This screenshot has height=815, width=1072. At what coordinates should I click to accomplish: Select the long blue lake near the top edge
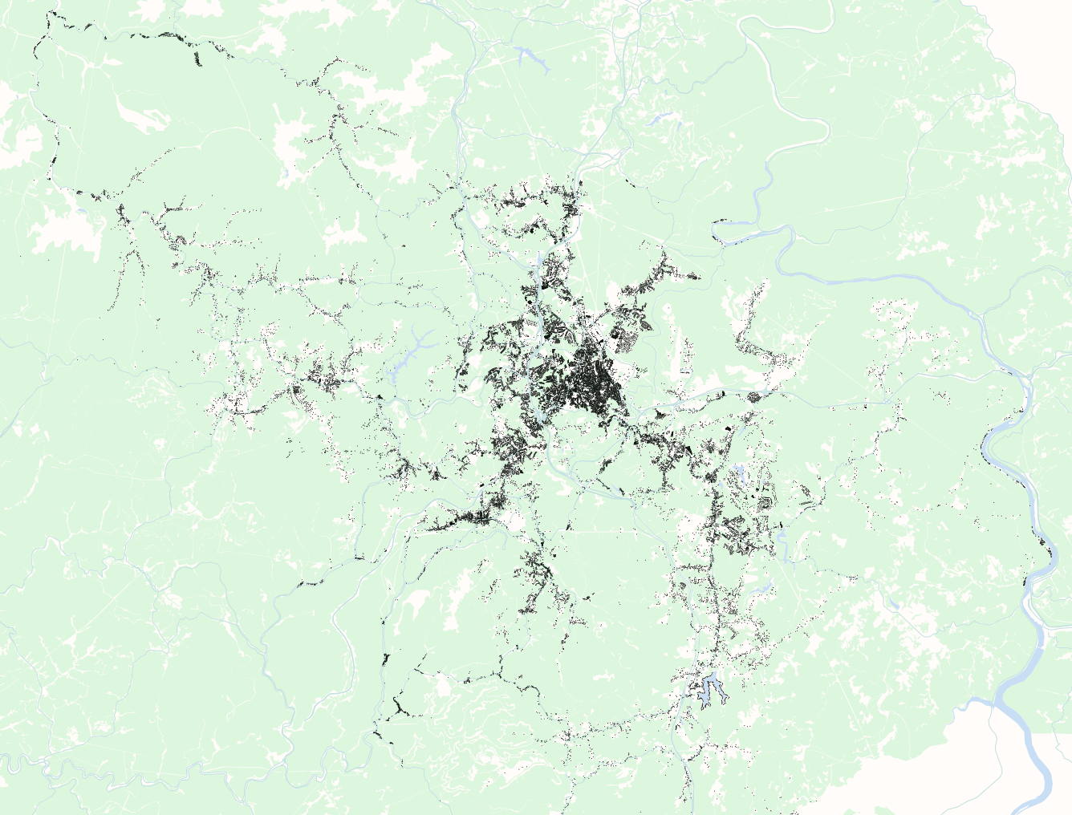530,58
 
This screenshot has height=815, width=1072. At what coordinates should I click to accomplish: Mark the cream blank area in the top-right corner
1035,32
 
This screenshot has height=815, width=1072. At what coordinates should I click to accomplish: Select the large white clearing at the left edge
64,225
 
